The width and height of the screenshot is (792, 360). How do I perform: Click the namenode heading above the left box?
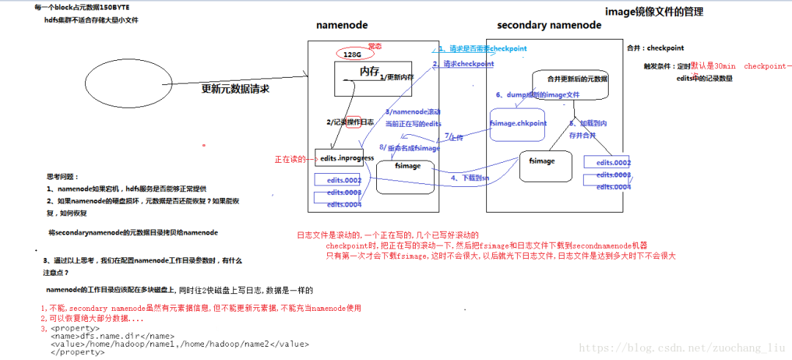click(342, 25)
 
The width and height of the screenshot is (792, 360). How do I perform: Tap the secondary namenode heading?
click(549, 25)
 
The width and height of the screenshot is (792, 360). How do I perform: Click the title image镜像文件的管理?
click(659, 12)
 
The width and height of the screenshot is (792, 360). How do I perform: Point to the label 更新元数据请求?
click(235, 89)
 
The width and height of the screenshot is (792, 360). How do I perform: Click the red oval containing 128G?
click(353, 54)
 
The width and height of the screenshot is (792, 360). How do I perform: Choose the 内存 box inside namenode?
click(370, 76)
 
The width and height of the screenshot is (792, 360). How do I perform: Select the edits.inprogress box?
click(347, 158)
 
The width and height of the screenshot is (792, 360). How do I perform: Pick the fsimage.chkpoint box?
click(518, 124)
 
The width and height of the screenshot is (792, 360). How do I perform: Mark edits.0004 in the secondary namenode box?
click(613, 187)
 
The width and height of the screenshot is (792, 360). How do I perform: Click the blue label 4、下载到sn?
click(469, 177)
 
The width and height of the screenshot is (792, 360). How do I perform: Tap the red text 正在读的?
click(292, 159)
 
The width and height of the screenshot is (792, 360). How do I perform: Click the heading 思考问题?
click(62, 177)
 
